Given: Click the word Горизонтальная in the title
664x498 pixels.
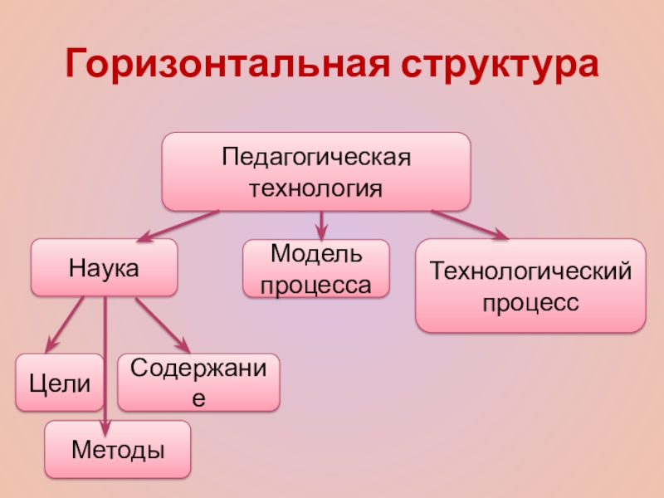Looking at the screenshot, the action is coord(229,65).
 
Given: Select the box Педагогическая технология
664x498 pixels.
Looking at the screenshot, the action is coord(316,171).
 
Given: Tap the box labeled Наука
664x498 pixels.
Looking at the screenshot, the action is coord(104,267).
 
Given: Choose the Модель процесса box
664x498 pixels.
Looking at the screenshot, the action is coord(316,269).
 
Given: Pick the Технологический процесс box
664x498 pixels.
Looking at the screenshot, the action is coord(530,286).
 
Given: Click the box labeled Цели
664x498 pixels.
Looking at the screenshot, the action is coord(61,383).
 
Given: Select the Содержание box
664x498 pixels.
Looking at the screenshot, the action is coord(198,383).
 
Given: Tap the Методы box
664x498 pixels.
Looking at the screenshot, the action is coord(117,449).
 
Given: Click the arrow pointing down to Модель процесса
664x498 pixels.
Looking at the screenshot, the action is coord(321,225).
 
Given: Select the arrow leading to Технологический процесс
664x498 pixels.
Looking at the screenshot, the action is coord(469,225).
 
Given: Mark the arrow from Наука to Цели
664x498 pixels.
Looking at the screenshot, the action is coord(66,324).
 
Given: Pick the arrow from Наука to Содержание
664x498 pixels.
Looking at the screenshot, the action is coord(162,324).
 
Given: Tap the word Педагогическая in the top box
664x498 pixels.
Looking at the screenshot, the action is coord(316,158).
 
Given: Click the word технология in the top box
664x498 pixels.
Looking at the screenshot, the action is coord(316,188).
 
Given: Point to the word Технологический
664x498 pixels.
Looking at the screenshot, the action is coord(530,271).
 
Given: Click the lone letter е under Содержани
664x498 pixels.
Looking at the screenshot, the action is coord(198,397).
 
